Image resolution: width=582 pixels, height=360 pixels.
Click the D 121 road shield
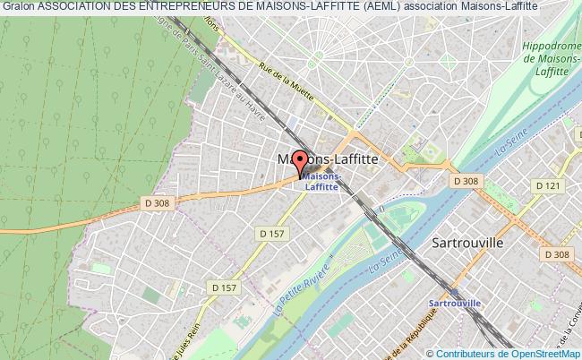[x=547, y=185]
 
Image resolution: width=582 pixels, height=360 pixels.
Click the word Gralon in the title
[x=18, y=6]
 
